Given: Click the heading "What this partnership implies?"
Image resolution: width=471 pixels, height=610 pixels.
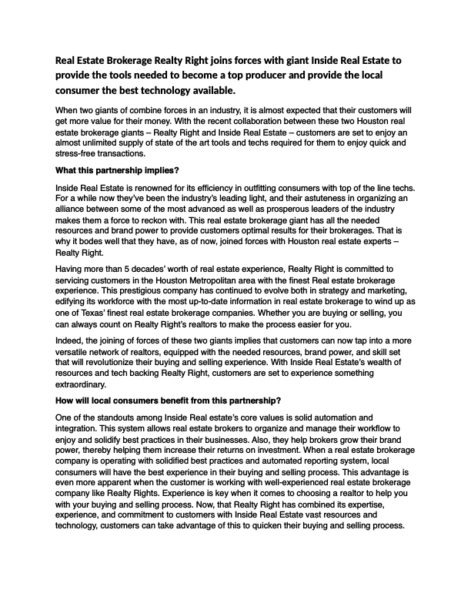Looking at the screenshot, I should (122, 170).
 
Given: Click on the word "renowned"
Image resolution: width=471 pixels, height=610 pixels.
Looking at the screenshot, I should (170, 187).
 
